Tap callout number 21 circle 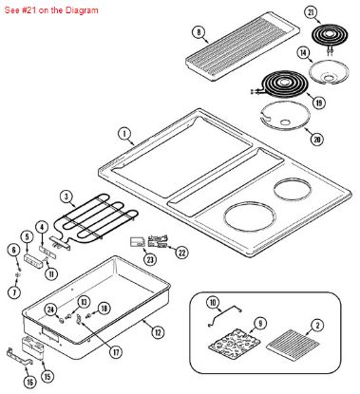point(310,11)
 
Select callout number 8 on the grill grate point(199,31)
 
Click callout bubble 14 point(304,53)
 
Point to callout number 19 point(318,102)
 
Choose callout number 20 point(315,140)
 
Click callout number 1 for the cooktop point(123,135)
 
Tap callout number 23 point(149,259)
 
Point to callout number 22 point(183,252)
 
